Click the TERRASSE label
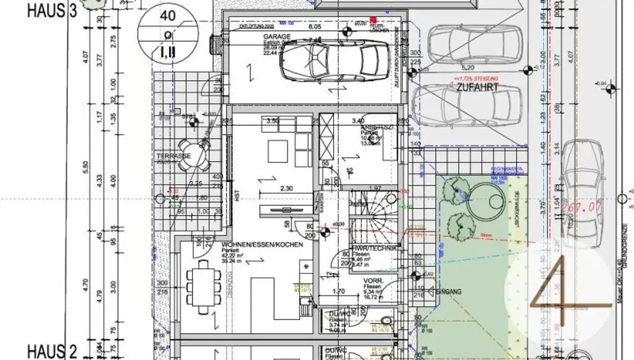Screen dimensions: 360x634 click(x=173, y=156)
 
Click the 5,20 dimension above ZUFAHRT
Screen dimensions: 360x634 click(x=468, y=67)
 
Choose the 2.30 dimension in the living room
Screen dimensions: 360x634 click(x=285, y=188)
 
